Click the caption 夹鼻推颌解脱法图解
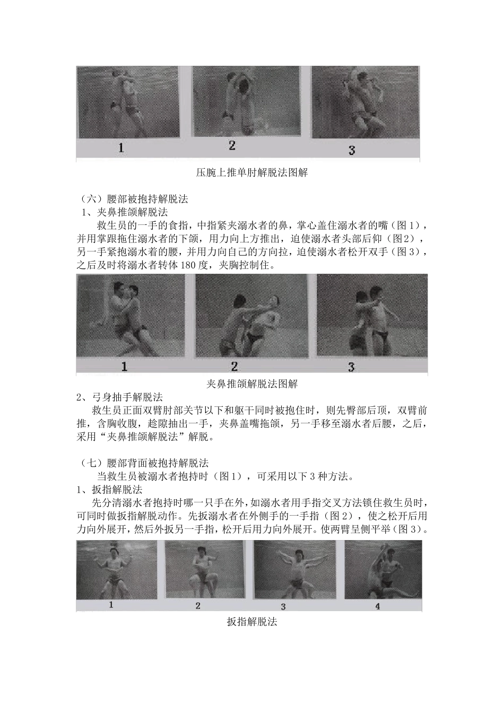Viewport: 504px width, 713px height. (x=252, y=383)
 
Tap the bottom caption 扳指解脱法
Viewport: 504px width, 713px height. (x=252, y=622)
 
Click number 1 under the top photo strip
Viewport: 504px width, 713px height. (x=121, y=147)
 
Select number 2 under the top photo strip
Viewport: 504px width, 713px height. (x=232, y=145)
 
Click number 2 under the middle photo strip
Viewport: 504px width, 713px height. (x=234, y=366)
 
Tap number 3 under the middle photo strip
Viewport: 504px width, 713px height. (x=351, y=367)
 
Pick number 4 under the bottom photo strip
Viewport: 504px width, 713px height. (x=378, y=606)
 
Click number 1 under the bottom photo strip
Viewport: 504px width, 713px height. (x=111, y=604)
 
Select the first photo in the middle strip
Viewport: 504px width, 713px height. (x=131, y=316)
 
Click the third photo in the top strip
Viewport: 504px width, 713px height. (x=365, y=102)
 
